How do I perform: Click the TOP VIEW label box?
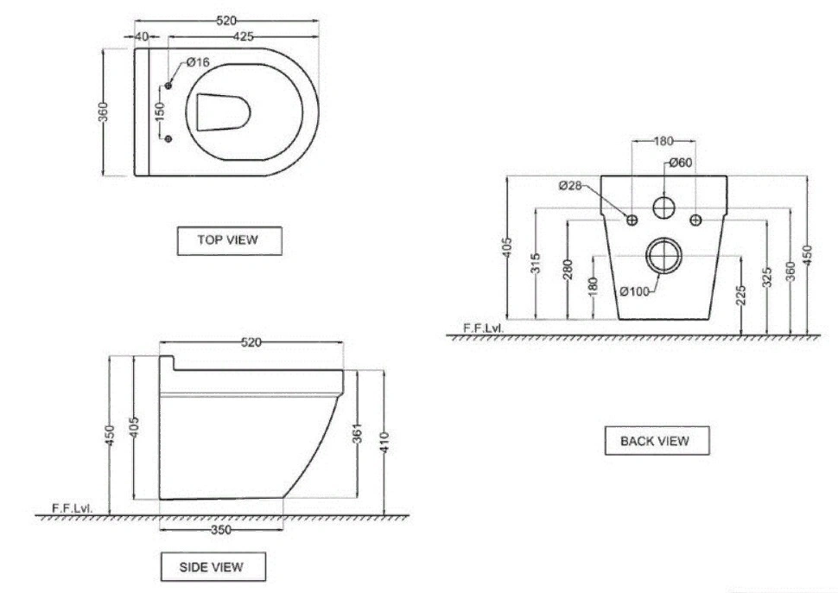tap(229, 240)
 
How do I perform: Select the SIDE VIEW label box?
tap(213, 567)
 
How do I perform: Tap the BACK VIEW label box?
tap(657, 441)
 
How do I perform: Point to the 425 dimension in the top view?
tap(243, 37)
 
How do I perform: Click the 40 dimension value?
tap(142, 36)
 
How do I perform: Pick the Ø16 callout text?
tap(198, 62)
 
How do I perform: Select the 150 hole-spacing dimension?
tap(159, 112)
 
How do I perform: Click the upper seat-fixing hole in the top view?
tap(168, 86)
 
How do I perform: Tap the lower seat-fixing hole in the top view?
tap(168, 139)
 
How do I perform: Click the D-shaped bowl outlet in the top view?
tap(223, 112)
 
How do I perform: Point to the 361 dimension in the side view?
tap(358, 433)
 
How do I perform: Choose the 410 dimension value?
tap(384, 443)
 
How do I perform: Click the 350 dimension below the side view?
tap(220, 530)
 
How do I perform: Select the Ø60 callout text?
tap(681, 163)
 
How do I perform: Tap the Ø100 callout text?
tap(635, 291)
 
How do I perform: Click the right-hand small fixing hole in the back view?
tap(695, 220)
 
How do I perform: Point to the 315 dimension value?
tap(536, 263)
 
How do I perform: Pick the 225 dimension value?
tap(740, 296)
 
